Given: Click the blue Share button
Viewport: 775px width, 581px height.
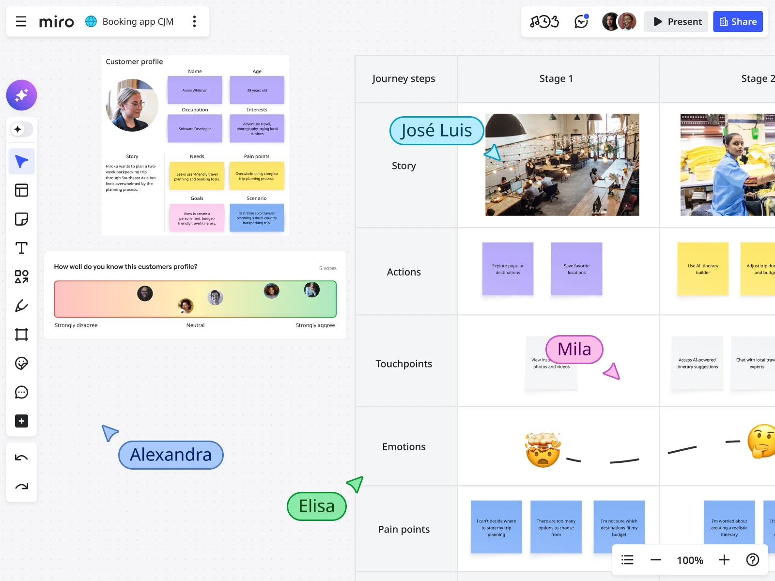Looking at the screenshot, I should pos(738,22).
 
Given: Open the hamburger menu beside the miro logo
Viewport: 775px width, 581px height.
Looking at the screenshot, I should pos(21,22).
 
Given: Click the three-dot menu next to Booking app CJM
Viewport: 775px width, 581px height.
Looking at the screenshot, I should pos(194,22).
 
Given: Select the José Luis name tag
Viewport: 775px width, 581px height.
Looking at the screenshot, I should pos(436,131).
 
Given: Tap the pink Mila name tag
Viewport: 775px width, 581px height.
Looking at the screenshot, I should pos(574,349).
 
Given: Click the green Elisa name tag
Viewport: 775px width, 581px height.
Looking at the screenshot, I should pos(317,506).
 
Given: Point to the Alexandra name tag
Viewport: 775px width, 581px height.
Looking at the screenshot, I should pos(170,455).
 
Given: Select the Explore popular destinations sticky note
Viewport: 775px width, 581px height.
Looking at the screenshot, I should pos(508,269).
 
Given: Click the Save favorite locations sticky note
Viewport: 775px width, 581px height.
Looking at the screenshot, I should pos(576,269).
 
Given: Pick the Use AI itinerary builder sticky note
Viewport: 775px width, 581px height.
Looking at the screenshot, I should pos(703,269).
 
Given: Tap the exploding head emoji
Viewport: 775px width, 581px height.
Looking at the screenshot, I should pos(543,450).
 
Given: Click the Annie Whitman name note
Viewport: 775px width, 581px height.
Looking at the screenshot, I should pos(195,90).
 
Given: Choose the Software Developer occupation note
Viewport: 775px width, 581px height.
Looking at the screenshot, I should pos(195,129).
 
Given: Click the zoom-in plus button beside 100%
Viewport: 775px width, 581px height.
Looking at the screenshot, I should pos(724,560).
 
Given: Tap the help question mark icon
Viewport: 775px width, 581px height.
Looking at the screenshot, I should pos(752,560).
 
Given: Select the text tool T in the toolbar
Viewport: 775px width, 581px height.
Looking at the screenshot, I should pos(21,248).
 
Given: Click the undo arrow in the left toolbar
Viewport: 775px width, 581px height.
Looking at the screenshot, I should pos(21,458).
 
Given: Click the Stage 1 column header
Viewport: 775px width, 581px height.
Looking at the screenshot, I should pos(556,79).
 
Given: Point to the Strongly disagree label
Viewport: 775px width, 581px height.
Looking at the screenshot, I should pos(76,325).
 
